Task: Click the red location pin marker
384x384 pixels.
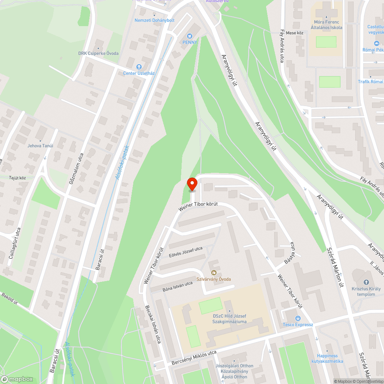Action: point(192,184)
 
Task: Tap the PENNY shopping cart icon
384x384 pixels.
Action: point(189,36)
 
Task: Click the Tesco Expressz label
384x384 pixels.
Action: point(298,324)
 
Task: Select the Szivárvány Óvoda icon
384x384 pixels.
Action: point(214,273)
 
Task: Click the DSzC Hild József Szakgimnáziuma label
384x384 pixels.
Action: point(230,319)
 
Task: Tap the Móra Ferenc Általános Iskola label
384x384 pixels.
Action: point(326,25)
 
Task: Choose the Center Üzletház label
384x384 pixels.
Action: point(139,73)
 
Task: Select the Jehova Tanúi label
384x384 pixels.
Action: point(40,146)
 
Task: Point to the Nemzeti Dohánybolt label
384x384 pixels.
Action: point(154,20)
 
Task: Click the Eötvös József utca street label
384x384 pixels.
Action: point(185,252)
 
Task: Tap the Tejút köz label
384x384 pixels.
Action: point(17,178)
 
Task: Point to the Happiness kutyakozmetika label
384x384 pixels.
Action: point(327,358)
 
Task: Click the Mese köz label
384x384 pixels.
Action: point(295,33)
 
